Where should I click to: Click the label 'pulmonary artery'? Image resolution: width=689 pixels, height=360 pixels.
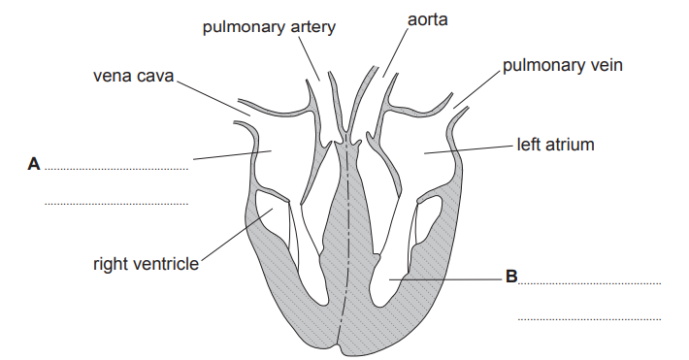(x=269, y=26)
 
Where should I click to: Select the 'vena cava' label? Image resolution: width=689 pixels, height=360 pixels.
(x=134, y=75)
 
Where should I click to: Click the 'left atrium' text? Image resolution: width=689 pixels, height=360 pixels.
(x=555, y=146)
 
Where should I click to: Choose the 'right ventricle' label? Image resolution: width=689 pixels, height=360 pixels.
(x=146, y=262)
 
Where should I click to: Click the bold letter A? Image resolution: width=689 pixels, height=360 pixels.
(x=34, y=166)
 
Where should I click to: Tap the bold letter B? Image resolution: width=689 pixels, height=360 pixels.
(x=510, y=278)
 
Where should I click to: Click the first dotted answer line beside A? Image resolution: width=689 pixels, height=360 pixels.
(x=115, y=170)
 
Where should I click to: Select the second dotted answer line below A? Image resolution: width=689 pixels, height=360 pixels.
(x=115, y=204)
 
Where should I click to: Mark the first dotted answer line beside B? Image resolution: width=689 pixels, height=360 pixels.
(x=589, y=283)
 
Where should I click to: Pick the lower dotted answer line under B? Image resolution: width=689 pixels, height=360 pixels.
(x=589, y=317)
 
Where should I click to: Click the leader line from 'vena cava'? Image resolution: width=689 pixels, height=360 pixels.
(x=213, y=97)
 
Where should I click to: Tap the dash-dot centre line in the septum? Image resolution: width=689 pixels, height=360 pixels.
(x=344, y=243)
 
